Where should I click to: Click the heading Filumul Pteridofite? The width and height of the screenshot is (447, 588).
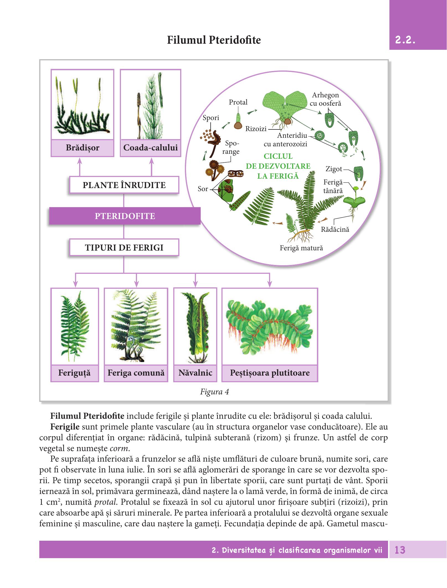(214, 40)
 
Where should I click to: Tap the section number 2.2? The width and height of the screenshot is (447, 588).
(405, 40)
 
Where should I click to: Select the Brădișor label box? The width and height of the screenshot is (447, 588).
(82, 148)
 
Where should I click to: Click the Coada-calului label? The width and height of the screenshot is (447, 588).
(151, 148)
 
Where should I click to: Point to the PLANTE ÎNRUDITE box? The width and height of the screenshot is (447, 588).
(124, 185)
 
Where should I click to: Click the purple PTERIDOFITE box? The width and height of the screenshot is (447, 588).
(125, 216)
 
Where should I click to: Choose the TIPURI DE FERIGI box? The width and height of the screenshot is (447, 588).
(124, 247)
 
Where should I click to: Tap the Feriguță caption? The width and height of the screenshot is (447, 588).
(74, 373)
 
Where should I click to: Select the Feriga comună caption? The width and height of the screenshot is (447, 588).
(136, 373)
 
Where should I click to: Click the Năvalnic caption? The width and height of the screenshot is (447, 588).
(195, 373)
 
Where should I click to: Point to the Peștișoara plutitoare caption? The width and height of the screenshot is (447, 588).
(270, 373)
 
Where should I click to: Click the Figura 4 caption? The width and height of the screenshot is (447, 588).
(215, 392)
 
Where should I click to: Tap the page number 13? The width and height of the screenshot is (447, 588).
(401, 550)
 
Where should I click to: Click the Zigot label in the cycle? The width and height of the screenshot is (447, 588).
(334, 169)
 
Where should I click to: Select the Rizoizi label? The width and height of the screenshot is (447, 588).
(256, 129)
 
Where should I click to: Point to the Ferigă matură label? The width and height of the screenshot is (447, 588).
(301, 248)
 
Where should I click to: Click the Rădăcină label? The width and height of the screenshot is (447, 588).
(335, 229)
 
